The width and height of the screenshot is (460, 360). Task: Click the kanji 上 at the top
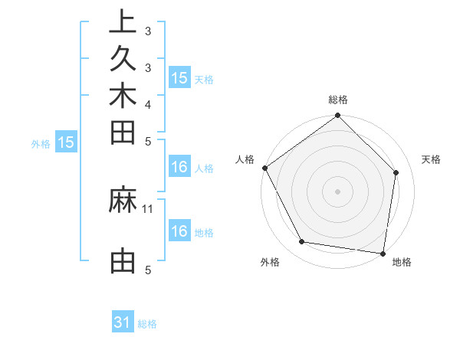click(x=123, y=21)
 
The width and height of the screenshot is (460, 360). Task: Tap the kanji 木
click(x=123, y=97)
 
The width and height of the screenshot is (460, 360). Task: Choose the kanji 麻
click(x=123, y=201)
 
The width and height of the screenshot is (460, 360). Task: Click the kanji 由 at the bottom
click(x=123, y=261)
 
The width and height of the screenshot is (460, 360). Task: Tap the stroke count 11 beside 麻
click(x=148, y=208)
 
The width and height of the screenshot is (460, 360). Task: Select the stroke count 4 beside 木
click(x=147, y=104)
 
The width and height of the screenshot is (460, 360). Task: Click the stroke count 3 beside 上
click(x=147, y=31)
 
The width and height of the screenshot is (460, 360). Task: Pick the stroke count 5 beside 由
click(x=147, y=270)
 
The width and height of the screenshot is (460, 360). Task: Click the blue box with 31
click(x=123, y=322)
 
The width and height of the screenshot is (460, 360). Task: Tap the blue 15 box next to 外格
click(x=66, y=142)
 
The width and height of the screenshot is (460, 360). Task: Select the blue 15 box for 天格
click(x=179, y=78)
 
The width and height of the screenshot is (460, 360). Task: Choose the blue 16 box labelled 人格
click(x=179, y=168)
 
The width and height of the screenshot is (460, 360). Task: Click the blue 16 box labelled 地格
click(x=179, y=231)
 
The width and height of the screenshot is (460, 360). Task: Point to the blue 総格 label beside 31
click(x=147, y=324)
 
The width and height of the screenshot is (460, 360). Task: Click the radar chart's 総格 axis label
click(x=338, y=100)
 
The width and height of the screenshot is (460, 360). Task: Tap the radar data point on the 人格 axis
click(x=265, y=168)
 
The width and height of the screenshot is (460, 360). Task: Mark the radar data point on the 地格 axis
click(x=383, y=253)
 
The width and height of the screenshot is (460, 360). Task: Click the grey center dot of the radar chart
click(x=338, y=191)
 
